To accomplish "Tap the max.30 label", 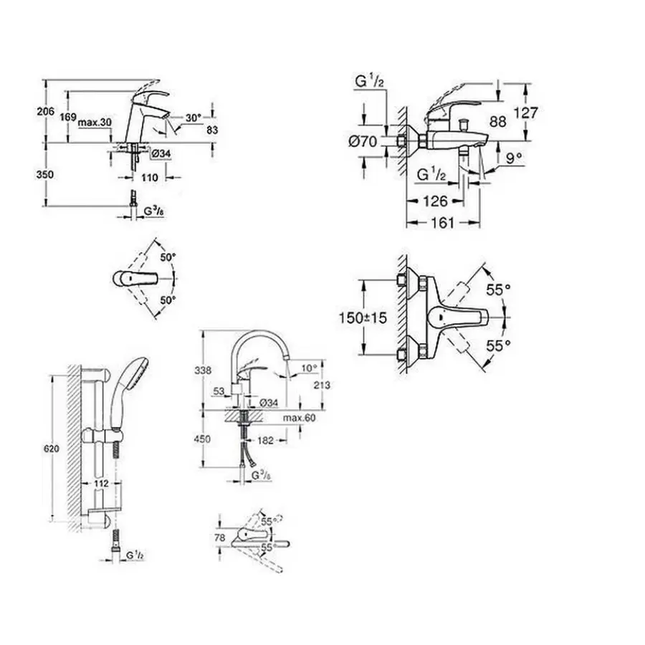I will tap(95, 123).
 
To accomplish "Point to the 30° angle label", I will tap(193, 118).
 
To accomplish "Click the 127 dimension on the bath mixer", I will tap(525, 113).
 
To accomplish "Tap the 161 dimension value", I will tap(442, 223).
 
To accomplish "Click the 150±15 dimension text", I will tap(363, 317).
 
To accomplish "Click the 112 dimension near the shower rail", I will tap(101, 484).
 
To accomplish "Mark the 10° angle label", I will tap(308, 368).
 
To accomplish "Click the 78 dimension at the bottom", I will tap(220, 537).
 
